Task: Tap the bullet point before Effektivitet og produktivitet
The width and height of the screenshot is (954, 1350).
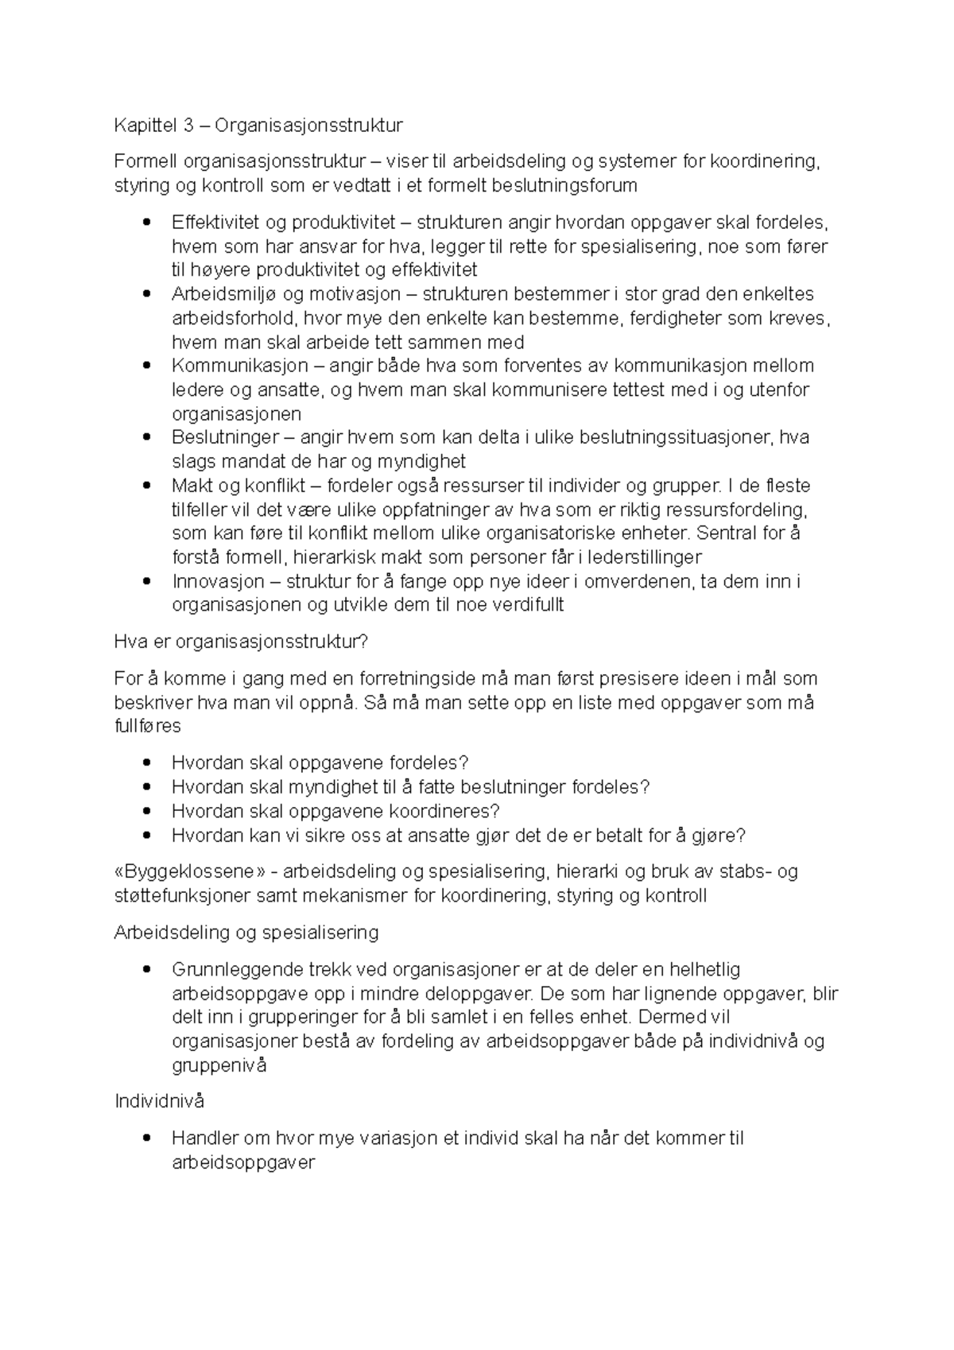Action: [x=145, y=223]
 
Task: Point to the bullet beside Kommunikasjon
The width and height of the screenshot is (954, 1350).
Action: [x=145, y=366]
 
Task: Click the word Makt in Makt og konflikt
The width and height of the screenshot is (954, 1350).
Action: [x=190, y=486]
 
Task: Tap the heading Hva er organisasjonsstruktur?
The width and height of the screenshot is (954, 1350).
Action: [x=242, y=642]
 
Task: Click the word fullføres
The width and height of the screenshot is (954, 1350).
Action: [x=148, y=727]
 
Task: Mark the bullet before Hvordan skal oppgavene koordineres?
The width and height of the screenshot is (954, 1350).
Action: [x=145, y=812]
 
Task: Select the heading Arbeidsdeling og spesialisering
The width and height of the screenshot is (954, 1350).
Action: [x=246, y=933]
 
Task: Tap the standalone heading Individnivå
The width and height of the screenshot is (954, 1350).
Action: [x=160, y=1101]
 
